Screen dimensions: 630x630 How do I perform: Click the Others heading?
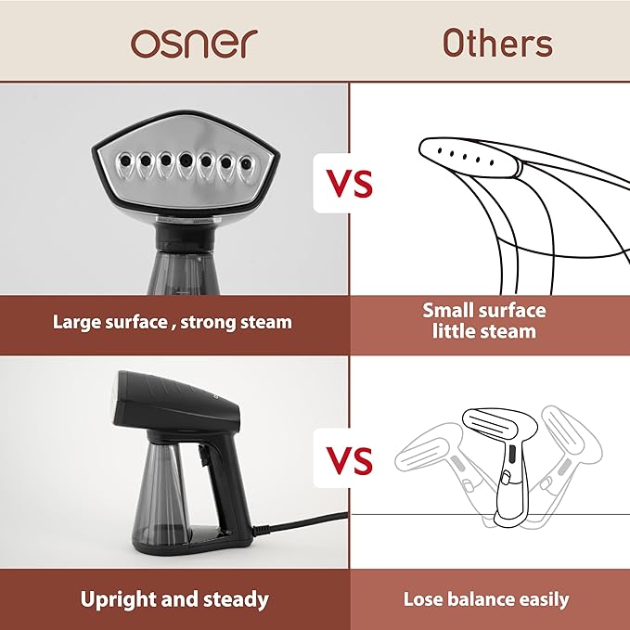pos(497,43)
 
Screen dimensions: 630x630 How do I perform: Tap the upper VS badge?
pos(350,182)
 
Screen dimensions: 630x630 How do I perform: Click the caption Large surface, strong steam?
pos(173,322)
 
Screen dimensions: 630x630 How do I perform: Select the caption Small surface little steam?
pos(484,321)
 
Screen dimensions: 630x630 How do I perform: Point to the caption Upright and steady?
pos(174,598)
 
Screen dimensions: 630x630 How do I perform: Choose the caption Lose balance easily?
pos(486,598)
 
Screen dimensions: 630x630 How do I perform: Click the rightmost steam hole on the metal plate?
pos(246,163)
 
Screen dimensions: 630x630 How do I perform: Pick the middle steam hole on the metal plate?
pos(186,159)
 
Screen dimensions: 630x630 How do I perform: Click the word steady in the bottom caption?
pos(233,598)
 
